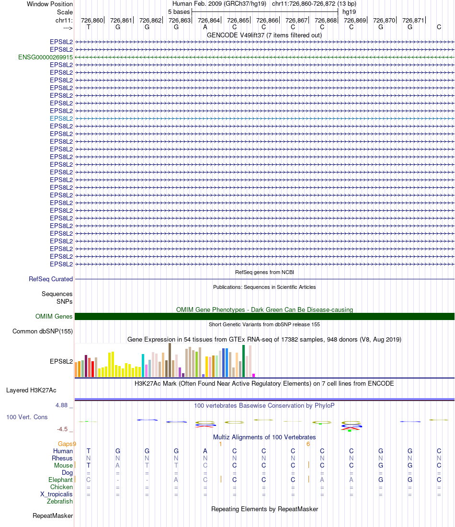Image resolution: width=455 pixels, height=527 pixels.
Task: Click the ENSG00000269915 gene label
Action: [x=45, y=57]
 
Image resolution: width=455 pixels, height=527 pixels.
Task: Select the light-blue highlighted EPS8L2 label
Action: [x=61, y=118]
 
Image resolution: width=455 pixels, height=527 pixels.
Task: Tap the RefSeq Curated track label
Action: [x=51, y=279]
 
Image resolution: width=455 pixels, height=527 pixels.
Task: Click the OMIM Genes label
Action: [x=54, y=316]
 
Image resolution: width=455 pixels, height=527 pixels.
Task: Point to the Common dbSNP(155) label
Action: [x=43, y=331]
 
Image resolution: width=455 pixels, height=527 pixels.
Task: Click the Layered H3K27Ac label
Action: [x=31, y=390]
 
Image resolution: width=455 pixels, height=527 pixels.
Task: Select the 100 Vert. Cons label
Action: [x=27, y=417]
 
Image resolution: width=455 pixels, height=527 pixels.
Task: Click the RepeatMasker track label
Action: [x=53, y=516]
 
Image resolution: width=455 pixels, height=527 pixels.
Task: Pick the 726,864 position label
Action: [x=209, y=20]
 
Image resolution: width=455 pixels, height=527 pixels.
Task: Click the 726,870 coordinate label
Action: [x=384, y=20]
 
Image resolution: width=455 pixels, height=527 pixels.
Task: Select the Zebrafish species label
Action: [x=60, y=502]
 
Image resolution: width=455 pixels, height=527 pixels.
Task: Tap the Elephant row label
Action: [x=60, y=480]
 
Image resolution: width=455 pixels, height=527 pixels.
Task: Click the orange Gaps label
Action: [x=67, y=444]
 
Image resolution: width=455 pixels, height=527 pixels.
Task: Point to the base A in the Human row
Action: [x=205, y=451]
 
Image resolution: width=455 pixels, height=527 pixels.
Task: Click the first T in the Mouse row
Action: [x=88, y=465]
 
